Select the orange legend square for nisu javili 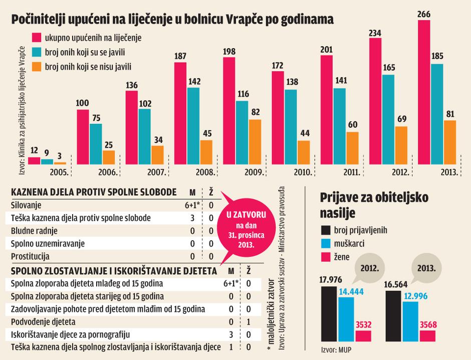(x=36, y=66)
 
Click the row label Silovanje (x=26, y=205)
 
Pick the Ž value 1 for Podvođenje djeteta (x=248, y=322)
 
